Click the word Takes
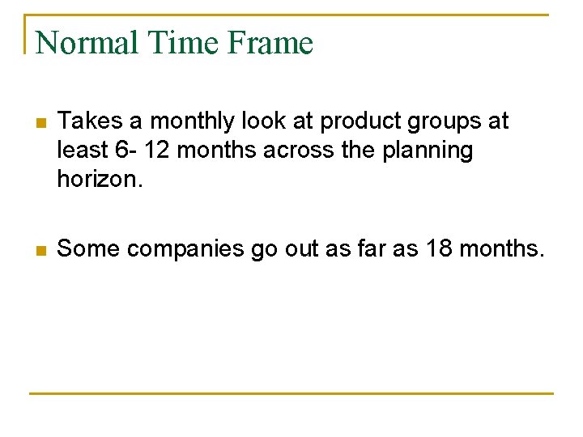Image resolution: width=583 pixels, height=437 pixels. (86, 121)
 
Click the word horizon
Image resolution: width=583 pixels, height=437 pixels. (100, 179)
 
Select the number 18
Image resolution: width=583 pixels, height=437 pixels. (442, 248)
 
